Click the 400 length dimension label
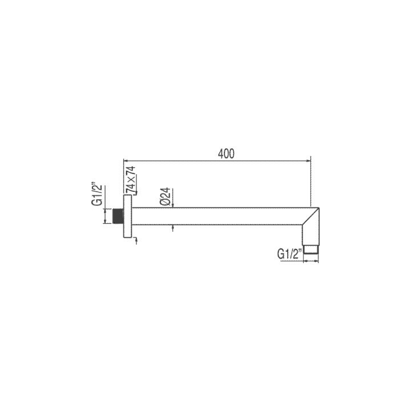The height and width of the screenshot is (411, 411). [x=226, y=154]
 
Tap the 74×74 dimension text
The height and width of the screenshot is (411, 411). [x=131, y=180]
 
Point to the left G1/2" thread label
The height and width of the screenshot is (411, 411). [x=101, y=196]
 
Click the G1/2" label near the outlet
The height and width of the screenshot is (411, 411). [x=290, y=254]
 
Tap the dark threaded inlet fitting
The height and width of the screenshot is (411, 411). [x=118, y=216]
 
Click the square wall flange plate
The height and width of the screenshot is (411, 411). [x=127, y=216]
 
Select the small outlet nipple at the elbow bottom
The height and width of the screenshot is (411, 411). [x=311, y=249]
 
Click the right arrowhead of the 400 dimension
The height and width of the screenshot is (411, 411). [x=308, y=161]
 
